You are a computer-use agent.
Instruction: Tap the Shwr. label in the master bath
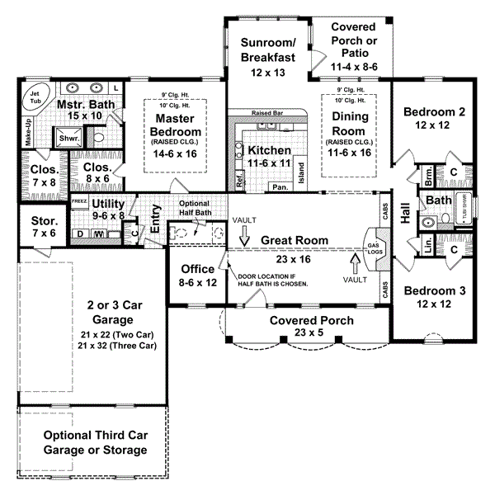(x=65, y=139)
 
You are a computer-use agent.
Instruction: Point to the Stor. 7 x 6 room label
(x=37, y=227)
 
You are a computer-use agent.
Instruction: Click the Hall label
(x=405, y=212)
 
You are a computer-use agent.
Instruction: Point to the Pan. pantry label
(x=280, y=188)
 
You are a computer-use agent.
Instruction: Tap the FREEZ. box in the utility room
(x=79, y=200)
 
